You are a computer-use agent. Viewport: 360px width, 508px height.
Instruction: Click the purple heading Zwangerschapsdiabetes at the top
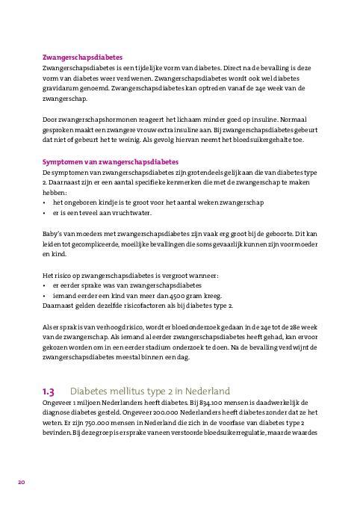pyautogui.click(x=82, y=57)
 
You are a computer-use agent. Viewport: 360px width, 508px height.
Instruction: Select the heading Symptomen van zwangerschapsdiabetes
pyautogui.click(x=110, y=162)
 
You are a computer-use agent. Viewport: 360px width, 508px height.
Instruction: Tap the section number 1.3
pyautogui.click(x=49, y=391)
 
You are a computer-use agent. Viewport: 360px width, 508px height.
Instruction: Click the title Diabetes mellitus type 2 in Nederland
pyautogui.click(x=149, y=391)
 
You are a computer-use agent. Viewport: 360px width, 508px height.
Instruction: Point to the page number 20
pyautogui.click(x=22, y=483)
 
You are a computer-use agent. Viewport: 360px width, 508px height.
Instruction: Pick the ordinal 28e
pyautogui.click(x=288, y=327)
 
